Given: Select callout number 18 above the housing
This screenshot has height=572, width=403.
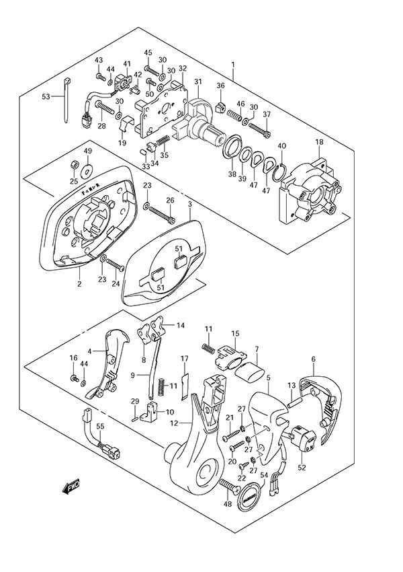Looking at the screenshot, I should pyautogui.click(x=319, y=142).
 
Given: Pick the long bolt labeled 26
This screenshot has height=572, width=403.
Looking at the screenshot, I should pyautogui.click(x=161, y=215).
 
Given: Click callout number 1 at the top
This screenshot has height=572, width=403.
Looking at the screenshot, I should pyautogui.click(x=232, y=65).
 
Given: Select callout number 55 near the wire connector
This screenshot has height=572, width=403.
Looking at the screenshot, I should pyautogui.click(x=100, y=427).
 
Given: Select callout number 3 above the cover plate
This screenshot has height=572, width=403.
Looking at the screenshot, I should pyautogui.click(x=190, y=204).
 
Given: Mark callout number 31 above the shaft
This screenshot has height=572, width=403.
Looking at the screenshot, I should pyautogui.click(x=197, y=82).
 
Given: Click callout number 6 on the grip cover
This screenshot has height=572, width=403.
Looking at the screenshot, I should pyautogui.click(x=313, y=360).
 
